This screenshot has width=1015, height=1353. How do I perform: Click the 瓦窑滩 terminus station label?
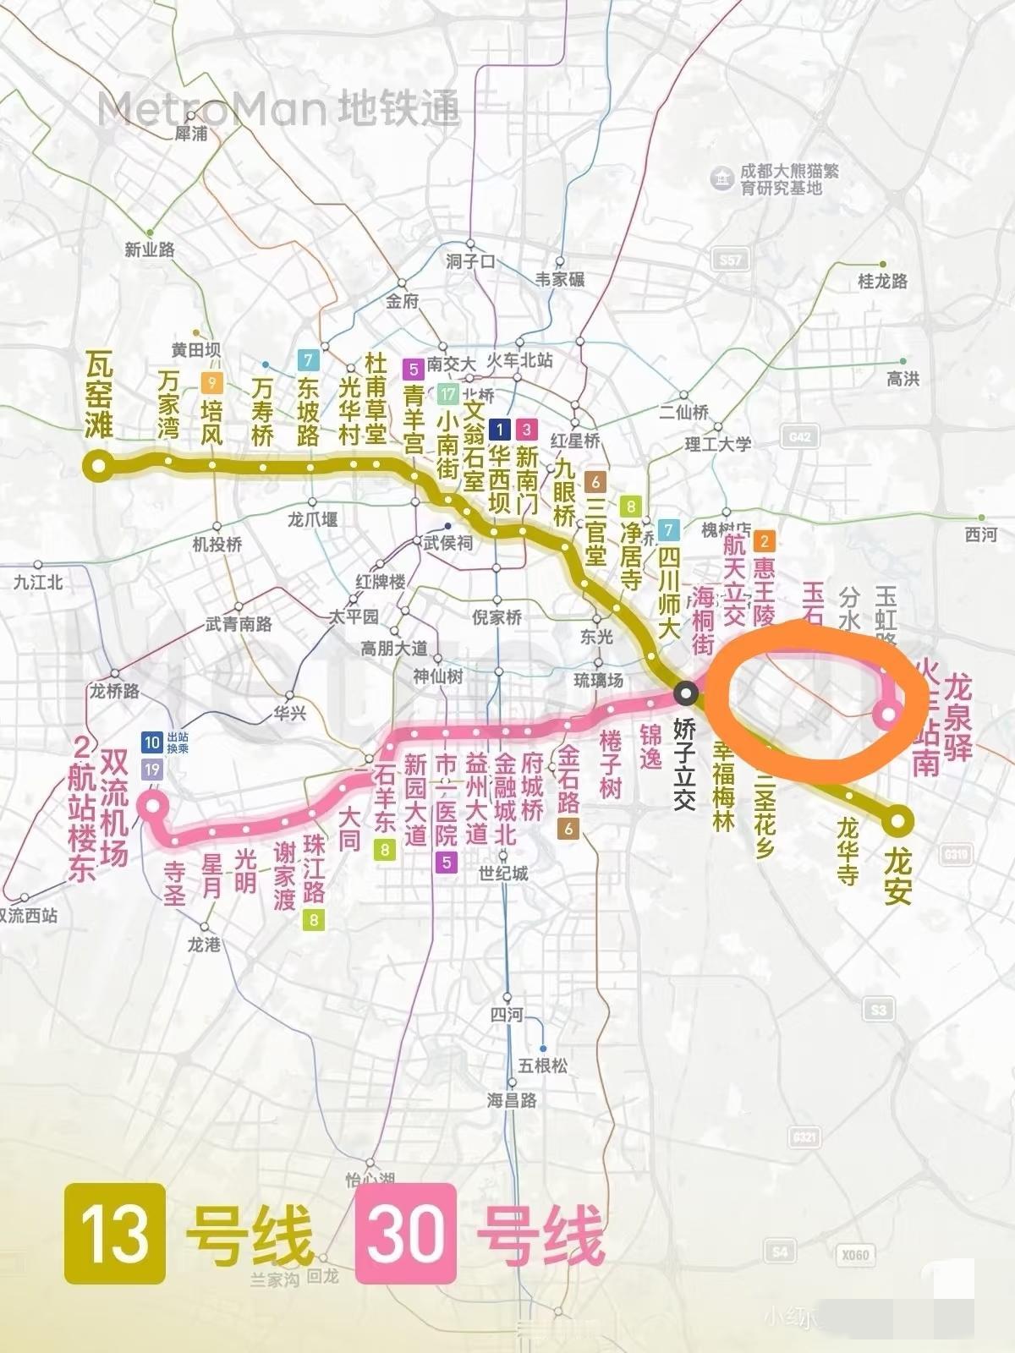(99, 396)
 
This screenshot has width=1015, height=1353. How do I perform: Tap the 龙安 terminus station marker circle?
(897, 819)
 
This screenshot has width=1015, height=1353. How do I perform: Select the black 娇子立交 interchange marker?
(686, 694)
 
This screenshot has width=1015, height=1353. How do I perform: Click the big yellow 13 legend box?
(114, 1233)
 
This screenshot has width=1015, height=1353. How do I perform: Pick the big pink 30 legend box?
(406, 1233)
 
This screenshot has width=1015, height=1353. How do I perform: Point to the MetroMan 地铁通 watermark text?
(279, 109)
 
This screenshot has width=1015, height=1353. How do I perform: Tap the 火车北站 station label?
(519, 359)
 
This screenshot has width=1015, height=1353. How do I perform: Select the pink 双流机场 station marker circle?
(153, 805)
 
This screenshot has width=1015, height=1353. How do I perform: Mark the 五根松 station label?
(542, 1065)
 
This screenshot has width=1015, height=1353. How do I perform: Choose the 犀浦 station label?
(190, 134)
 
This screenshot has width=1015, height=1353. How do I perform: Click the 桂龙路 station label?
(882, 281)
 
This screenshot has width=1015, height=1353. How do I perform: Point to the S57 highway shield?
(729, 260)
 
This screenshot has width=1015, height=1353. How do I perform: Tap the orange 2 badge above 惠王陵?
(764, 541)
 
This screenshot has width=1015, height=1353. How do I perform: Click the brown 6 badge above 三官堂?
(595, 482)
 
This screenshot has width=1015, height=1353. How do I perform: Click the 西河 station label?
(981, 534)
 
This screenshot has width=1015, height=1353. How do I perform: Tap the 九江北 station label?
(38, 582)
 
